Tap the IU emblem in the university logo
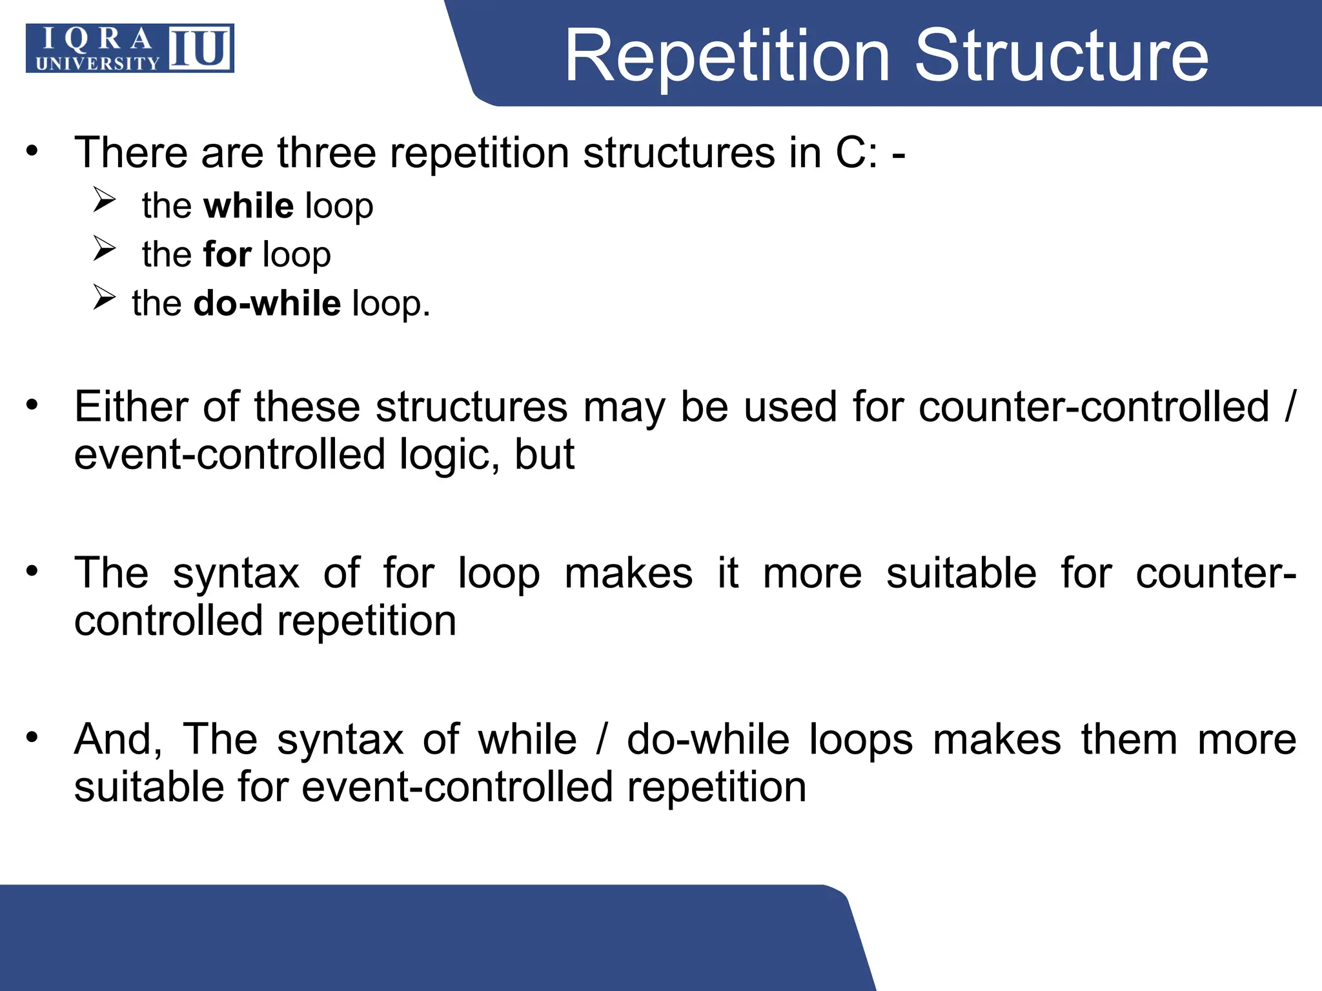pyautogui.click(x=200, y=48)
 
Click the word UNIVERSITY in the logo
pyautogui.click(x=97, y=63)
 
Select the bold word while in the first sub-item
pyautogui.click(x=249, y=206)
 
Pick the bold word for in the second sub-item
pyautogui.click(x=227, y=254)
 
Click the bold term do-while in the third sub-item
pyautogui.click(x=267, y=303)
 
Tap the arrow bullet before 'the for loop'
pyautogui.click(x=104, y=248)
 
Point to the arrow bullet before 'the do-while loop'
pyautogui.click(x=104, y=297)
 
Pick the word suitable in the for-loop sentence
pyautogui.click(x=961, y=573)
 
